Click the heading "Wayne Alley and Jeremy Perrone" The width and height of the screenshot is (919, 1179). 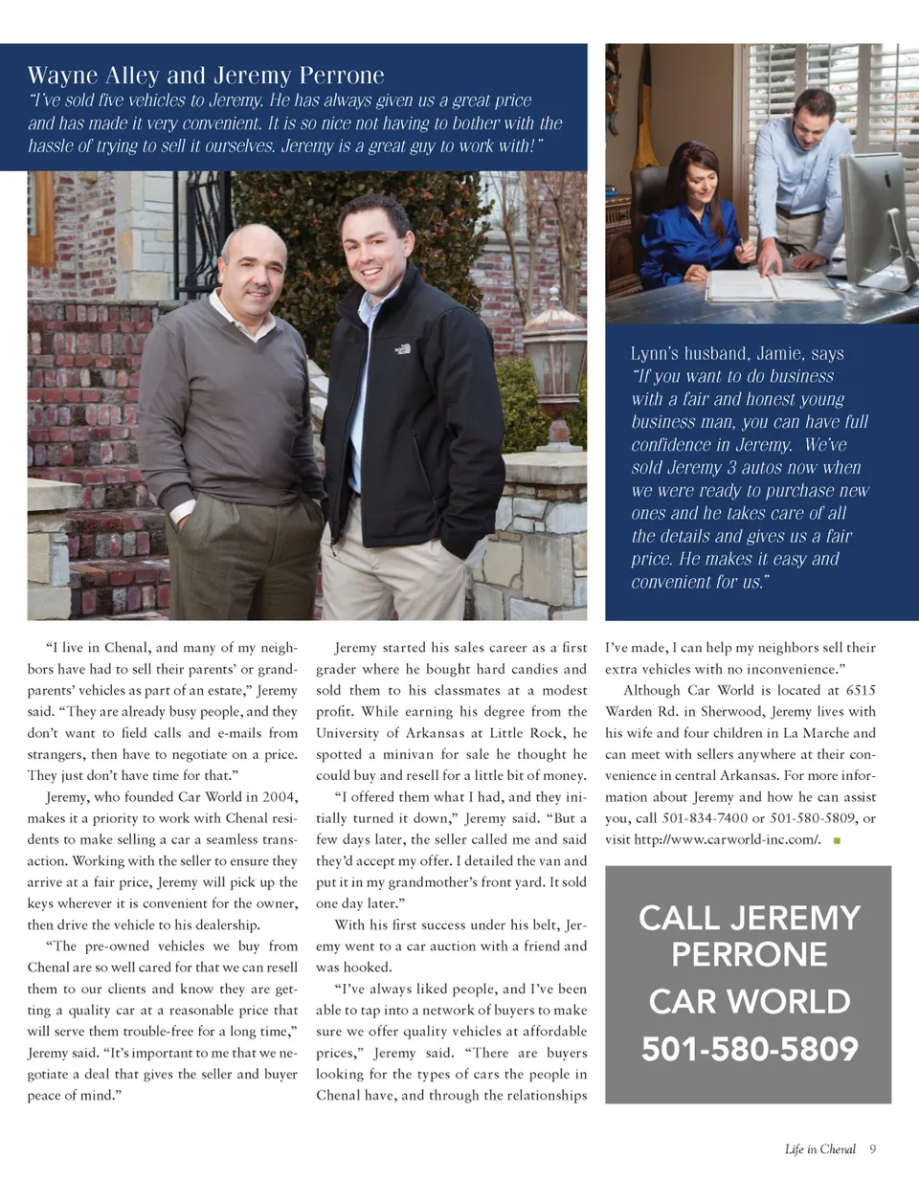click(206, 76)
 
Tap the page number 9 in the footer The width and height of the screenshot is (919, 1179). click(874, 1149)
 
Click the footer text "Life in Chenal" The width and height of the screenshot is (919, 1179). click(819, 1149)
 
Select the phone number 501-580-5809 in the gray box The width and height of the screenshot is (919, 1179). click(749, 1050)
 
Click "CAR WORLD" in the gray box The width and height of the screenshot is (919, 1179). click(749, 1002)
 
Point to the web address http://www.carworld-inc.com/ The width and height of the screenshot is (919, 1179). click(722, 839)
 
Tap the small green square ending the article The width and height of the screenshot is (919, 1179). click(837, 840)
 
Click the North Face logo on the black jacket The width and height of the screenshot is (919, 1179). click(403, 349)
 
